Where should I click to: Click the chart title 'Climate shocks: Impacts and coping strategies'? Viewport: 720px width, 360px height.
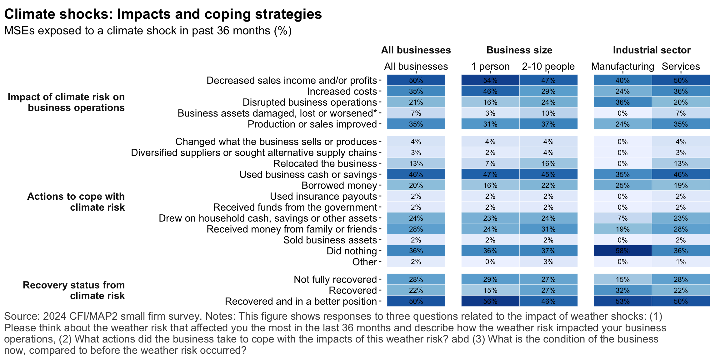[163, 14]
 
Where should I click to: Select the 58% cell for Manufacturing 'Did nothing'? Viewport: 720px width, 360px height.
[622, 251]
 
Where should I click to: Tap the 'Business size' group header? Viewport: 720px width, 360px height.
[519, 50]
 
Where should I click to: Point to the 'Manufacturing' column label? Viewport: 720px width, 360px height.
[622, 66]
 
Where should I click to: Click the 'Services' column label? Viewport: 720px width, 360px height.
[681, 66]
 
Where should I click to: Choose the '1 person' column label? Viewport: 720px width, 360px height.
[490, 66]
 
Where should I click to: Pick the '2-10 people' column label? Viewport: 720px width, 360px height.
[548, 66]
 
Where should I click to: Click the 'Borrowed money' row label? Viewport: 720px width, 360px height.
[339, 185]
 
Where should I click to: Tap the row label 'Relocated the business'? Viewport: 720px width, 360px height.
[325, 163]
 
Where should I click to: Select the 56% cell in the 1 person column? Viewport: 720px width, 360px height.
[490, 301]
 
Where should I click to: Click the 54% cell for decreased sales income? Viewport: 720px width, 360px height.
[490, 80]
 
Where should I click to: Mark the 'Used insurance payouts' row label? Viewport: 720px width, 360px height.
[323, 196]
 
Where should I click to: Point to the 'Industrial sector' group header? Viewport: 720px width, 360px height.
[652, 50]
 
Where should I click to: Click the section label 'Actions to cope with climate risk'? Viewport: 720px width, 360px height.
[76, 202]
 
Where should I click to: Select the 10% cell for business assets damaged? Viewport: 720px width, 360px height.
[548, 113]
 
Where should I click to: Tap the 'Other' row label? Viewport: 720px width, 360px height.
[364, 262]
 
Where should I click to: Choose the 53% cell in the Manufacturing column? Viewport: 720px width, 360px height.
[622, 301]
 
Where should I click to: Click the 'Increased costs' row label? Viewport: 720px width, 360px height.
[342, 91]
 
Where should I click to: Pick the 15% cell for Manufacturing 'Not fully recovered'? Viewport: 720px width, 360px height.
[622, 279]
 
